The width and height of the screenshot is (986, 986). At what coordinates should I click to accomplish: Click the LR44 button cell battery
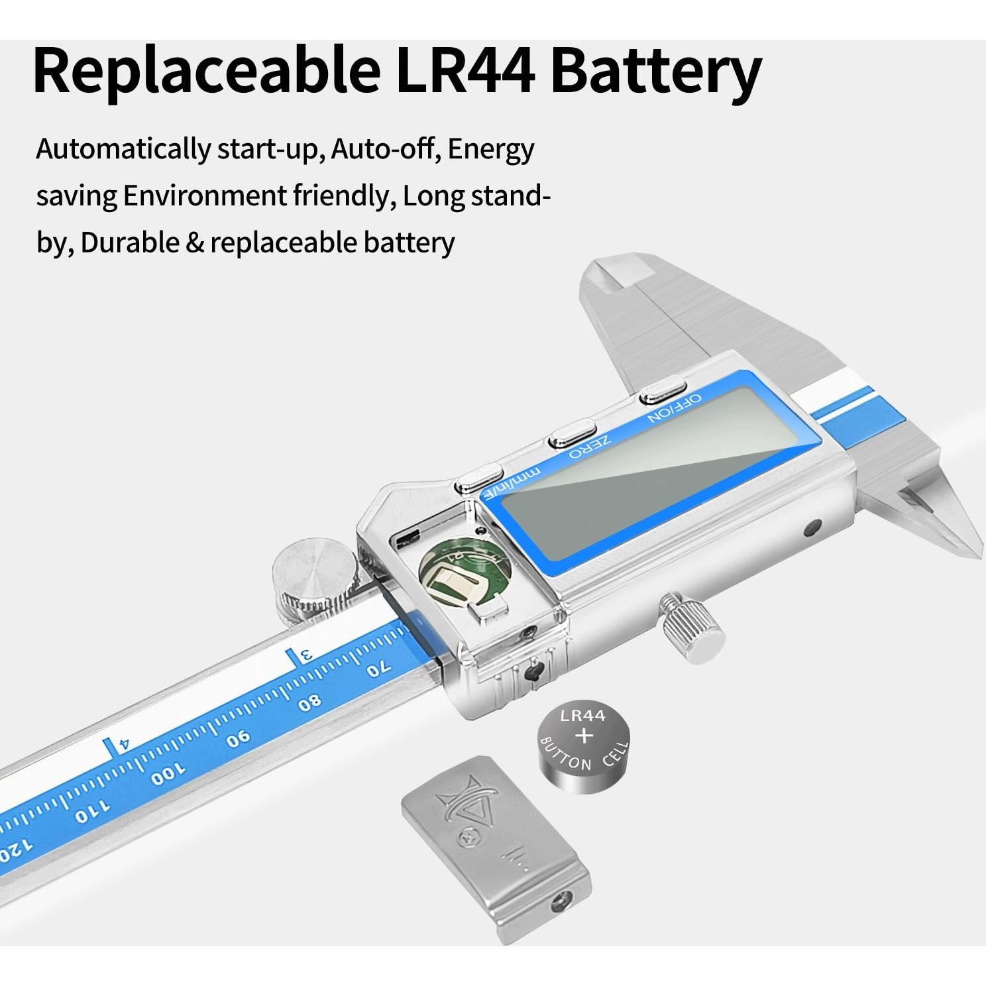[x=583, y=748]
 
